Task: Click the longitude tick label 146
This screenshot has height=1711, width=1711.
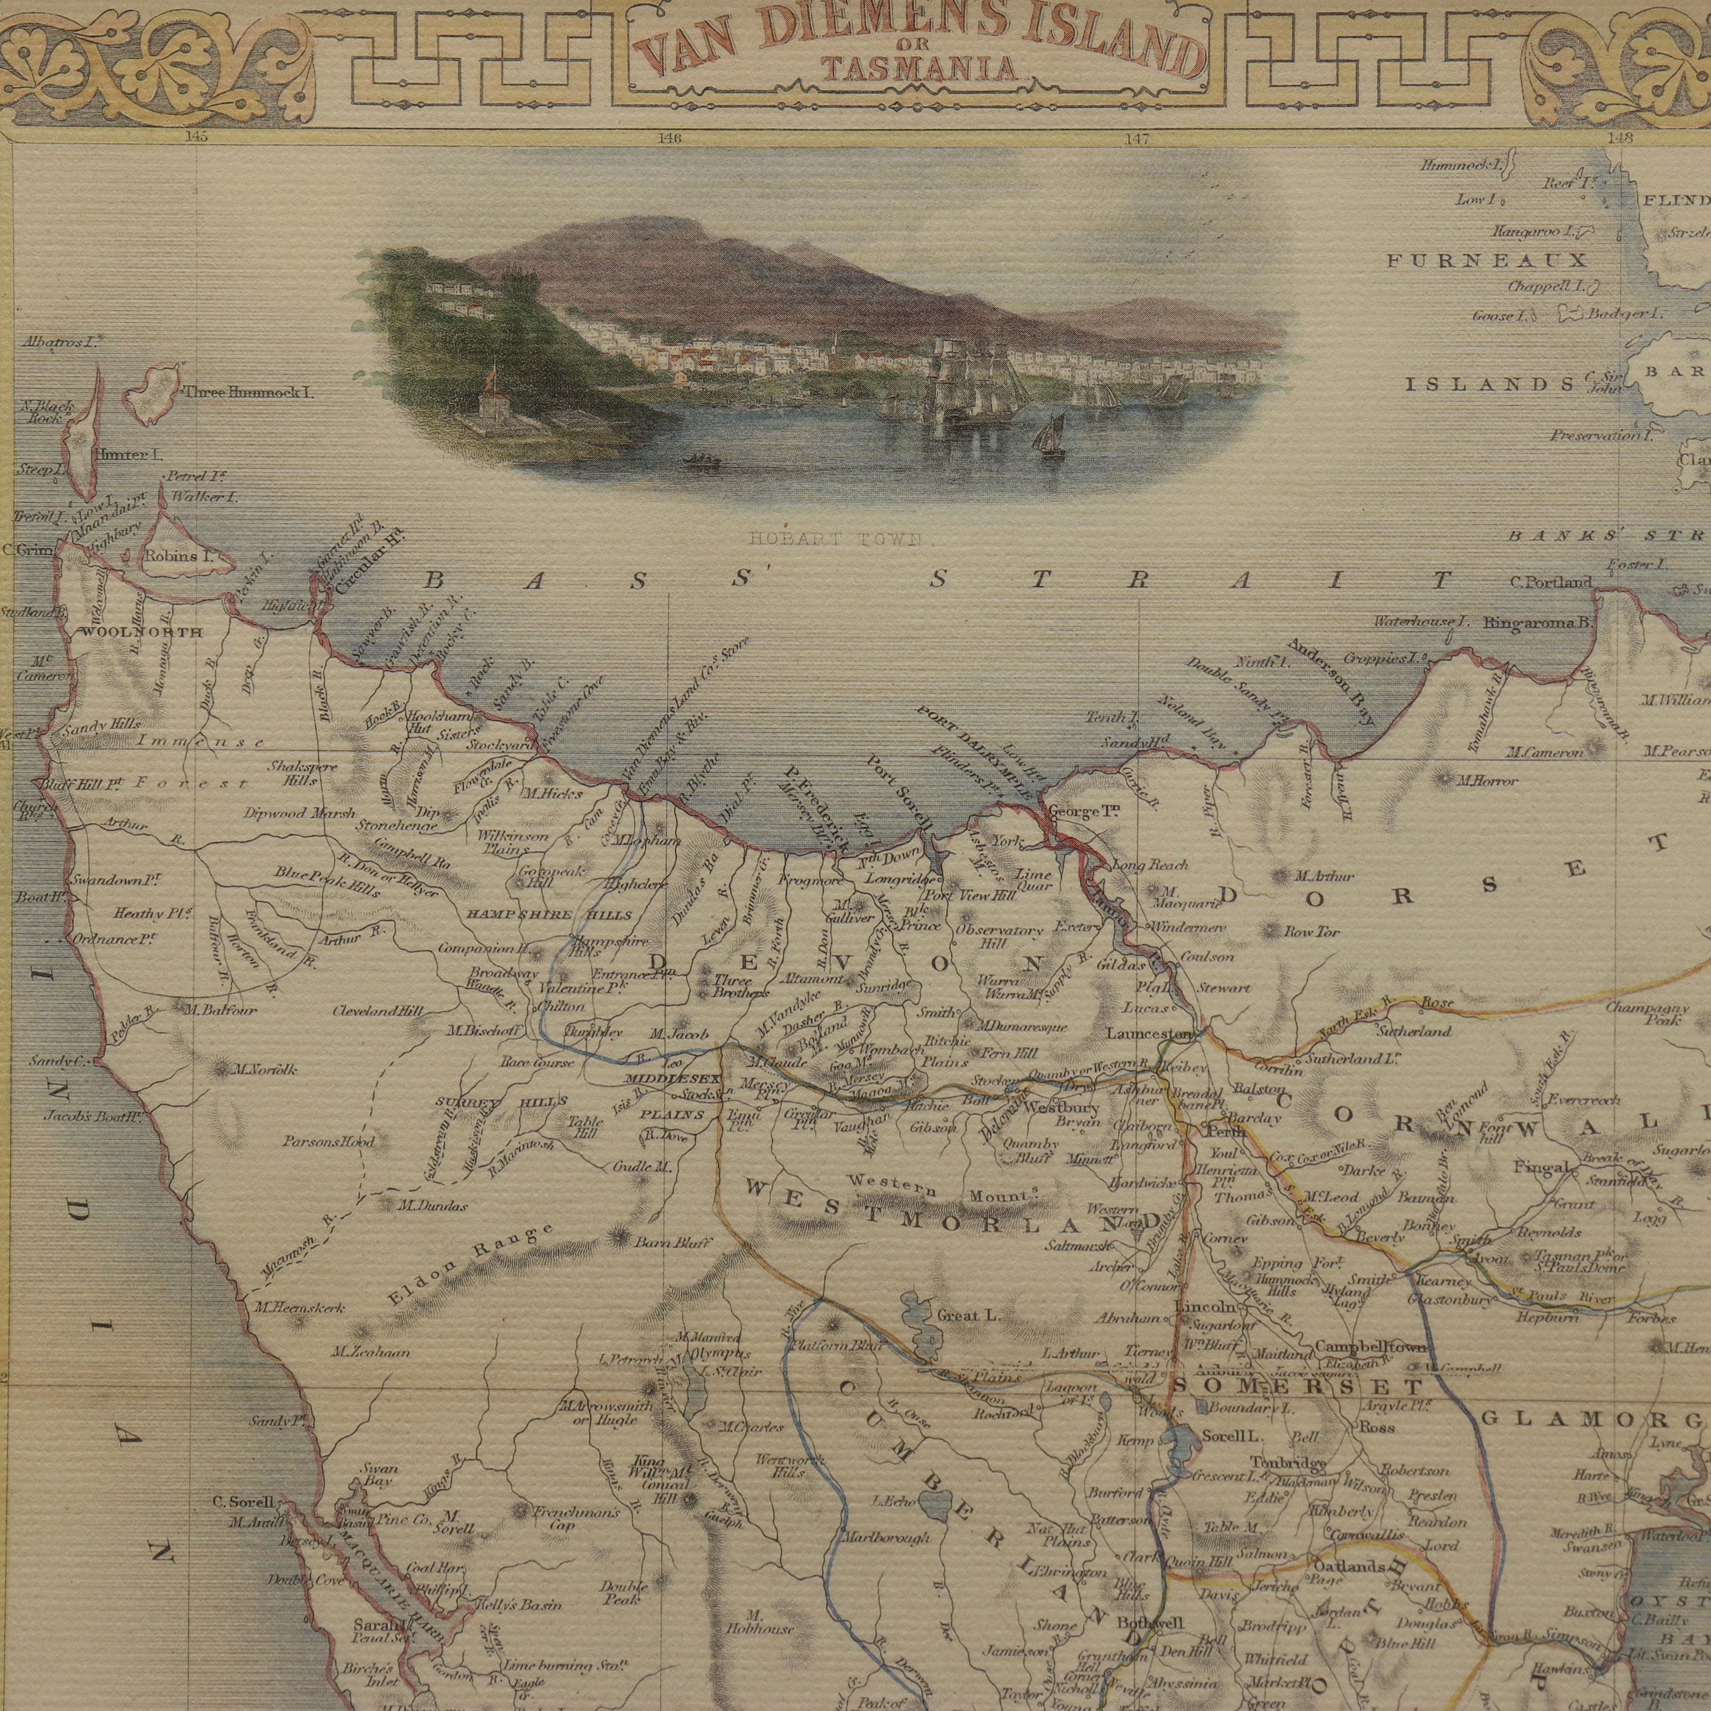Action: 670,137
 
